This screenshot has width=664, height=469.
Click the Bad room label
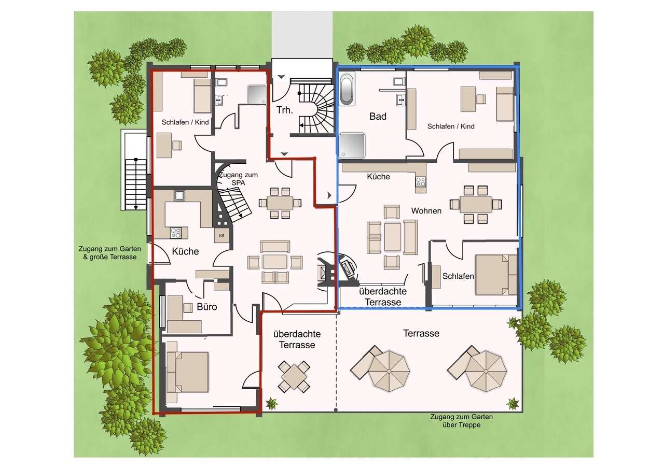coord(378,117)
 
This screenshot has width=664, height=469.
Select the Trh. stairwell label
coord(285,110)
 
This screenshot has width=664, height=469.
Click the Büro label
coord(206,307)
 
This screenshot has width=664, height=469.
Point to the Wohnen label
coord(426,211)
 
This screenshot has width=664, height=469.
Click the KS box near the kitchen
coord(222,236)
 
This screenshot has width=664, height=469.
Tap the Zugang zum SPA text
coord(238,179)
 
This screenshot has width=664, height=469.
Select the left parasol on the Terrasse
coord(389,371)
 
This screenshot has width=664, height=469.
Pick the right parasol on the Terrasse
coord(486,371)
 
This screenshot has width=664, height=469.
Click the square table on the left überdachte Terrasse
coord(294,376)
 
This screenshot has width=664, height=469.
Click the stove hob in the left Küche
coord(175,233)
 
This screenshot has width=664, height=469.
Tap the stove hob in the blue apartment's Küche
coord(420,181)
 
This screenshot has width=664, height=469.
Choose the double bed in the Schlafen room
coord(496,275)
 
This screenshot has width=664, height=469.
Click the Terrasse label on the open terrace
coord(421,333)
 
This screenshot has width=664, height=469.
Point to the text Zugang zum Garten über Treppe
coord(462,421)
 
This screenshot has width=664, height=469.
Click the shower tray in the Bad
coord(352,146)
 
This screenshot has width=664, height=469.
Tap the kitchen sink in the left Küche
coord(179,195)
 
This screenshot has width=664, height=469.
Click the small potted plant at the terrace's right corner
coord(513,403)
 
